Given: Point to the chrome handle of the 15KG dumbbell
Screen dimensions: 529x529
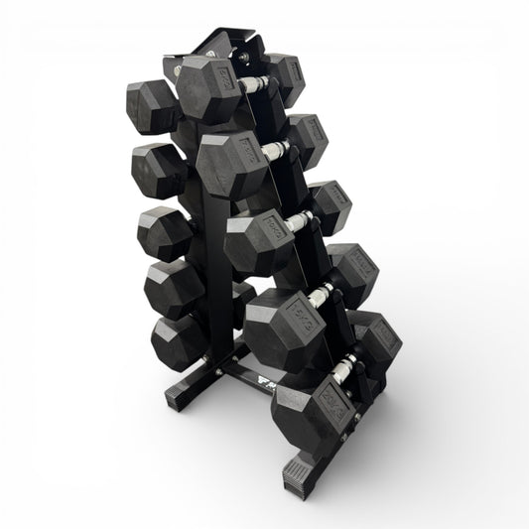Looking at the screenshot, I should pos(323,295).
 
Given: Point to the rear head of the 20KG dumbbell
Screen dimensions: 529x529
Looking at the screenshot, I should pos(375,334).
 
